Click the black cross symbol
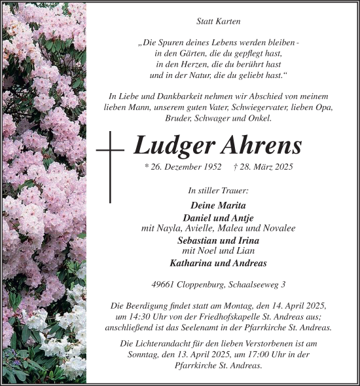tap(111, 166)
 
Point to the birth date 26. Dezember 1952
tap(184, 167)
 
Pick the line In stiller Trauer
tap(219, 191)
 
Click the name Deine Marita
tap(219, 205)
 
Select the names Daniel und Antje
tap(219, 217)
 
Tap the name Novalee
tap(278, 228)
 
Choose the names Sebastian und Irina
tap(219, 240)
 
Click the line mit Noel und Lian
tap(219, 251)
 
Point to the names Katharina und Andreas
tap(219, 263)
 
